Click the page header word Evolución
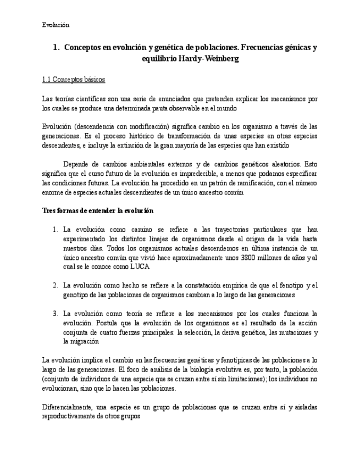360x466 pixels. click(x=56, y=25)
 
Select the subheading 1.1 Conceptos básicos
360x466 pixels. click(x=73, y=80)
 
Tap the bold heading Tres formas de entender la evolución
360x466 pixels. click(x=97, y=210)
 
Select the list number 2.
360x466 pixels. click(x=55, y=285)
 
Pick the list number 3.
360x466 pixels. click(x=55, y=313)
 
